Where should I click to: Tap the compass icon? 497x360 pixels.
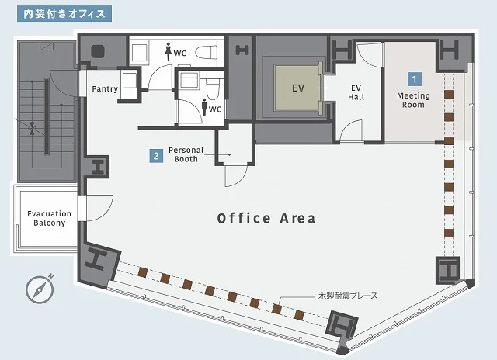click(39, 289)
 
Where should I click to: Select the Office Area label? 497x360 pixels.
click(266, 218)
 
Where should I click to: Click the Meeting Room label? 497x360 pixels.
click(414, 100)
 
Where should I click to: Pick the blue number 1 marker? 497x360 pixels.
click(415, 78)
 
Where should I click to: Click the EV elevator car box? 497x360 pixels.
click(297, 88)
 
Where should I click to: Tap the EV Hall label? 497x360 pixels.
click(356, 92)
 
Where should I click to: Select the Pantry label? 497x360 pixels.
click(105, 89)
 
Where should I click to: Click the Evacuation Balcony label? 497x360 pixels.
click(49, 218)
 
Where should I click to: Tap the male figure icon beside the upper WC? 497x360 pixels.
click(169, 52)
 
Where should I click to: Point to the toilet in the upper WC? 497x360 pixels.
click(205, 51)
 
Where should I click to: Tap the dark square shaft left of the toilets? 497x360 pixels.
click(99, 52)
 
